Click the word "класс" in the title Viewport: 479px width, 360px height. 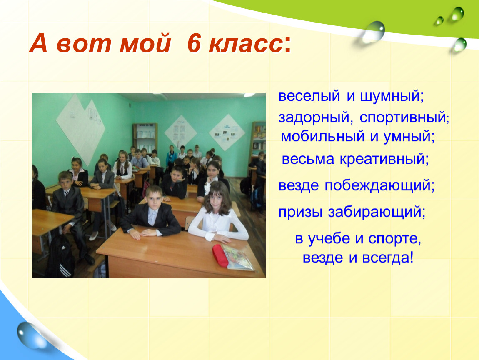[x=245, y=44]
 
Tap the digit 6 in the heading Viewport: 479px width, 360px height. [x=193, y=43]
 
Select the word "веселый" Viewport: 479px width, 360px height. [x=309, y=96]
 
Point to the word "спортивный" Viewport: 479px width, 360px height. [x=403, y=118]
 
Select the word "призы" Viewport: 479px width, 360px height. [x=300, y=212]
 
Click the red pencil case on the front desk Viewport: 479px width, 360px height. [x=220, y=255]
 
